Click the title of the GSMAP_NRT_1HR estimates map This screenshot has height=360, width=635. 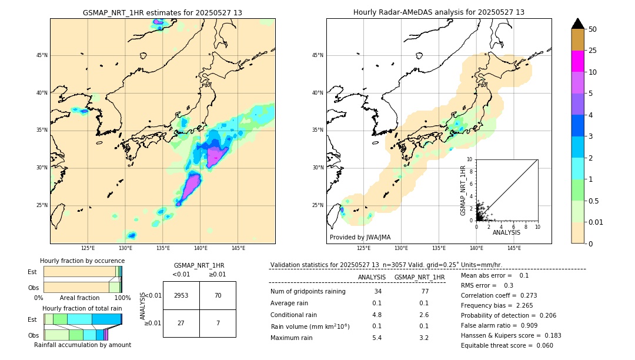[162, 12]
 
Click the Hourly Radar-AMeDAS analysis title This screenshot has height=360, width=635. [439, 12]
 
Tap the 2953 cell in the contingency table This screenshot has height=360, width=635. [181, 295]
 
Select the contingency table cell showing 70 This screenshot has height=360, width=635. [218, 295]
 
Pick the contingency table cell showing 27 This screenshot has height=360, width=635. [181, 323]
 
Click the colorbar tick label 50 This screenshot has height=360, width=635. [593, 29]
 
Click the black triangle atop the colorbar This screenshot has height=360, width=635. [578, 24]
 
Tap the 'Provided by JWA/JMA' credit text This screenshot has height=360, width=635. [360, 238]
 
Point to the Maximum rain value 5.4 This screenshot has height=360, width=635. [376, 338]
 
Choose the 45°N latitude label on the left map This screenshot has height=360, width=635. [42, 55]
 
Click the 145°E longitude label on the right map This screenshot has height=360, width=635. [514, 248]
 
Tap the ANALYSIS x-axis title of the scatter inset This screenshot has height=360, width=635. [506, 232]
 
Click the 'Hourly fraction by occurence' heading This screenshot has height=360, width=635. [82, 261]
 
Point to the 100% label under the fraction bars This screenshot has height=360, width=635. [122, 298]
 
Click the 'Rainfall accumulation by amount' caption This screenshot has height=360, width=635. [82, 345]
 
